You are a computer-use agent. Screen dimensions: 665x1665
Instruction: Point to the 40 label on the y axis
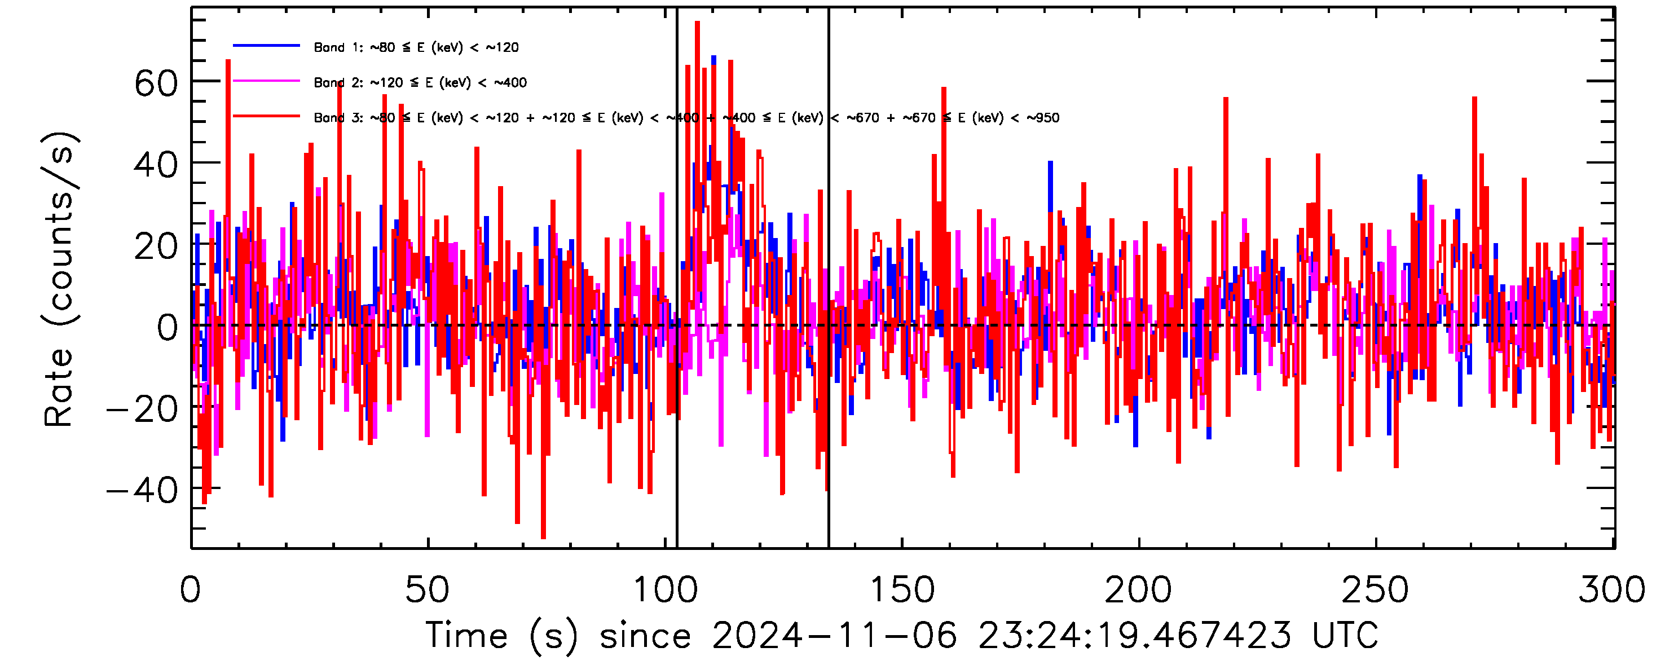point(156,165)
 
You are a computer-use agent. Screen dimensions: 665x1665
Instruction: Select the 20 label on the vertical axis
point(156,247)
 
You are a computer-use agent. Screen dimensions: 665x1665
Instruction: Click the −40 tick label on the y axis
point(142,491)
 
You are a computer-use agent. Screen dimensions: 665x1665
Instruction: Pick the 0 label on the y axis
point(168,328)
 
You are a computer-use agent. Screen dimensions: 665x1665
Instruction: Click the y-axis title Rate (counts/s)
point(59,279)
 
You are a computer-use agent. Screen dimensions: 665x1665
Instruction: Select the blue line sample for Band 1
point(266,46)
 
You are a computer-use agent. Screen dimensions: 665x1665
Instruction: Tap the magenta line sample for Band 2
point(266,81)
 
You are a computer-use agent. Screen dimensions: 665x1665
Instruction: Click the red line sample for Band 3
point(266,116)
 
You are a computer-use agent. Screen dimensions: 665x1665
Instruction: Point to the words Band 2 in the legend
point(338,83)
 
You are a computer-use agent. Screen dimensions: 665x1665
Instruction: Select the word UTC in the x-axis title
point(1345,635)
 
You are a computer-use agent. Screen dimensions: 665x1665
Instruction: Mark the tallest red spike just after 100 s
point(697,23)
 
